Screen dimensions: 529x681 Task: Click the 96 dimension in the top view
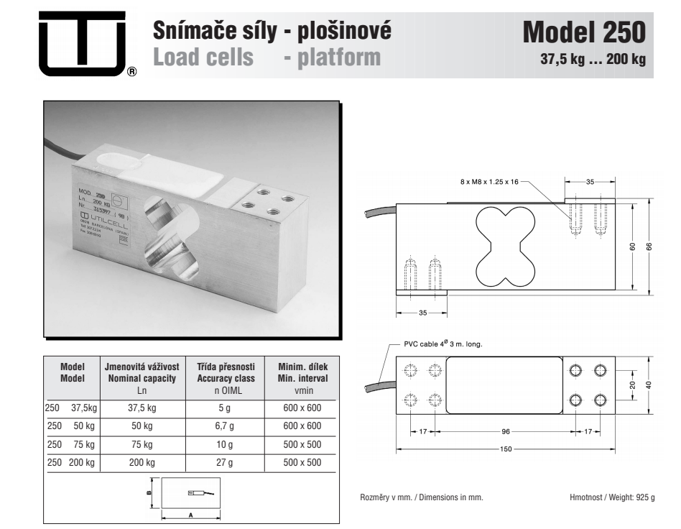pos(506,431)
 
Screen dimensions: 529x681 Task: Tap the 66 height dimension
pos(649,247)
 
